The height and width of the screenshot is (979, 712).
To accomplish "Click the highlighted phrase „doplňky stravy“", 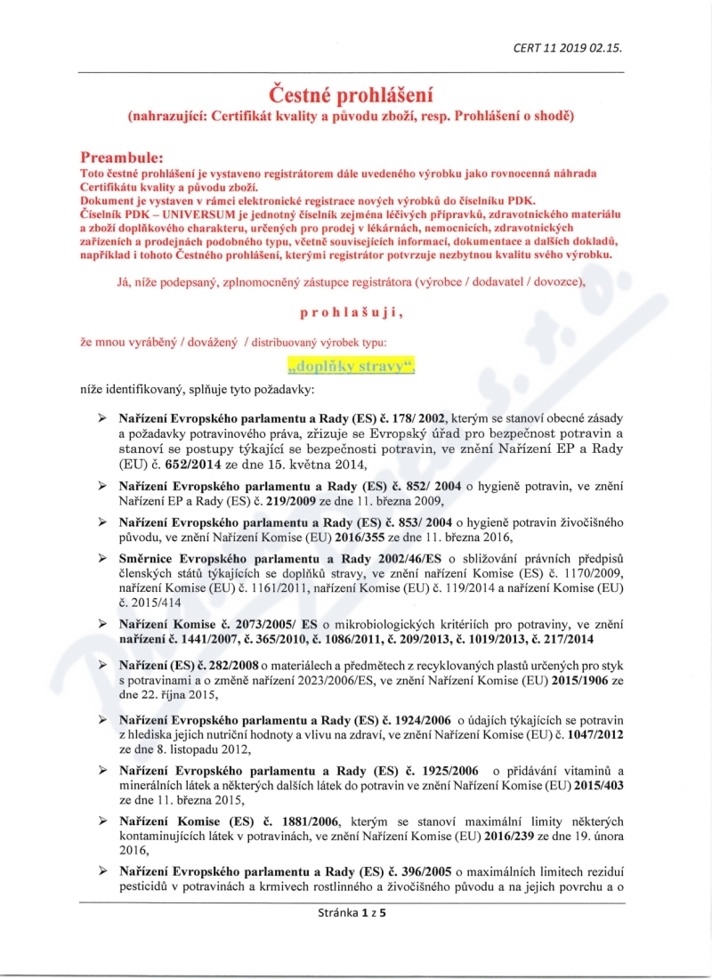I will pos(352,365).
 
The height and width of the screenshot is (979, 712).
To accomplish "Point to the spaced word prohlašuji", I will pos(353,312).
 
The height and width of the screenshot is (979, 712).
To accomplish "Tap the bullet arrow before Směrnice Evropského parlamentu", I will pos(103,558).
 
